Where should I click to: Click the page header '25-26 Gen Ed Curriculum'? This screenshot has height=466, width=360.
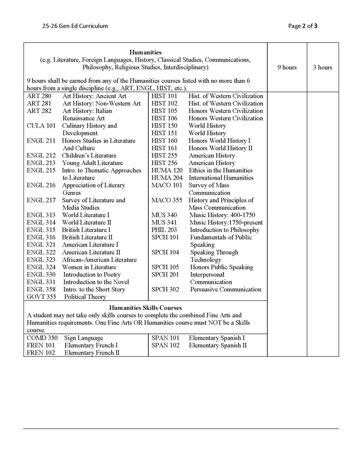pyautogui.click(x=75, y=26)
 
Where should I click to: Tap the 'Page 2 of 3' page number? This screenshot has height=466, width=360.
pyautogui.click(x=303, y=26)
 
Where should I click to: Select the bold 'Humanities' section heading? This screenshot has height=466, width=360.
pyautogui.click(x=145, y=52)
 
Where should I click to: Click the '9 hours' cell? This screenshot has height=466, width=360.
pyautogui.click(x=287, y=67)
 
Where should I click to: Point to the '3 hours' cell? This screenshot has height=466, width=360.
pyautogui.click(x=322, y=67)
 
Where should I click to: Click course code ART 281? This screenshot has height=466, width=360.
pyautogui.click(x=39, y=103)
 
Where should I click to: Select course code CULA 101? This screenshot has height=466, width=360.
pyautogui.click(x=41, y=126)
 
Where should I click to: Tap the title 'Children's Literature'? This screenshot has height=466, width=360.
pyautogui.click(x=89, y=155)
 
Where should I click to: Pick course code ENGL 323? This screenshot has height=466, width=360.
pyautogui.click(x=41, y=260)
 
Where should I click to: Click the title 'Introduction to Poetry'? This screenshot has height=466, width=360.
pyautogui.click(x=92, y=275)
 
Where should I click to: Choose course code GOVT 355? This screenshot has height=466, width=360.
pyautogui.click(x=41, y=297)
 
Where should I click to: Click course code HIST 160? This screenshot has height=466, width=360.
pyautogui.click(x=164, y=140)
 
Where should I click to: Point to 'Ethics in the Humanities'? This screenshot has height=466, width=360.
pyautogui.click(x=220, y=170)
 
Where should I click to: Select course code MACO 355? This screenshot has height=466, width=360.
pyautogui.click(x=167, y=200)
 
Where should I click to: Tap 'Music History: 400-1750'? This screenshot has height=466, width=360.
pyautogui.click(x=222, y=215)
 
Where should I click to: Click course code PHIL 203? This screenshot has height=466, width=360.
pyautogui.click(x=164, y=230)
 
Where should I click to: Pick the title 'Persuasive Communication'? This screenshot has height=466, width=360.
pyautogui.click(x=225, y=289)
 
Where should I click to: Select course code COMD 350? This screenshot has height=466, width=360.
pyautogui.click(x=42, y=338)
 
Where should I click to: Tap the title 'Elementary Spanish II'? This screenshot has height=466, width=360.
pyautogui.click(x=217, y=345)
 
